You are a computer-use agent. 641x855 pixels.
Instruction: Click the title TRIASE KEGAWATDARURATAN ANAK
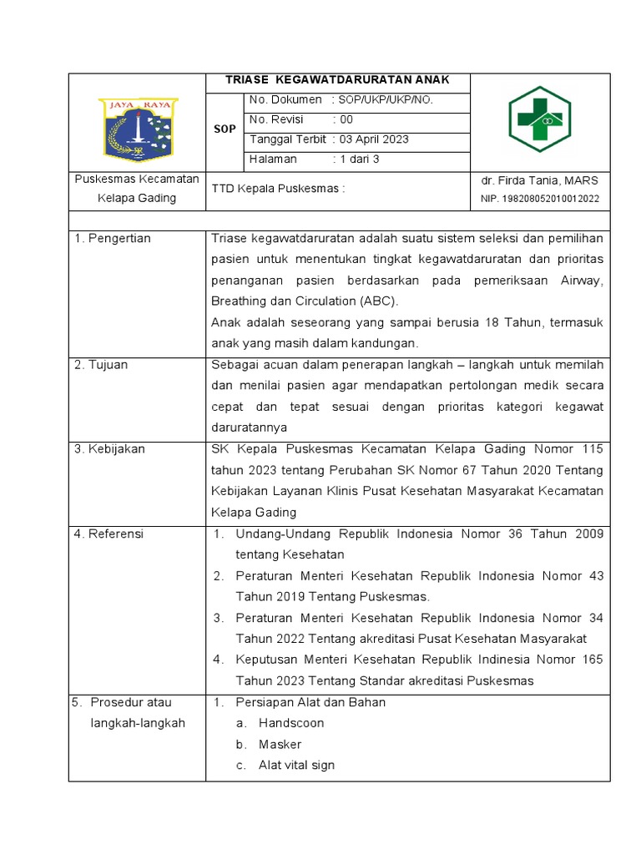point(338,80)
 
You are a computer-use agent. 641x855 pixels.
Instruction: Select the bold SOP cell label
point(225,130)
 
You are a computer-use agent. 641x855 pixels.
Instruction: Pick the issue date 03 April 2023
point(373,139)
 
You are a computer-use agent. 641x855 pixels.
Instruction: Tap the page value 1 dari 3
point(359,159)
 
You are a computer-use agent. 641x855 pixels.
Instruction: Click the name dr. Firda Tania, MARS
point(539,180)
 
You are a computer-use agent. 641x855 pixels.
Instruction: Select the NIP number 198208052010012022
point(539,200)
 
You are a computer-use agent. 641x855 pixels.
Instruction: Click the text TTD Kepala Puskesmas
point(278,189)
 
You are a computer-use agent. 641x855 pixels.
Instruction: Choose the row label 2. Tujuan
point(101,365)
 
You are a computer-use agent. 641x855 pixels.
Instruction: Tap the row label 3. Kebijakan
point(109,449)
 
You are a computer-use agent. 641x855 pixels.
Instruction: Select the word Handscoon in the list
point(290,723)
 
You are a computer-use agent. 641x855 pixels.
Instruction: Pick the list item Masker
point(280,744)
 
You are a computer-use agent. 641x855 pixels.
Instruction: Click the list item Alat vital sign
point(296,765)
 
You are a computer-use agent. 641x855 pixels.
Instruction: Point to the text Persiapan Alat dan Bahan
point(310,702)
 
